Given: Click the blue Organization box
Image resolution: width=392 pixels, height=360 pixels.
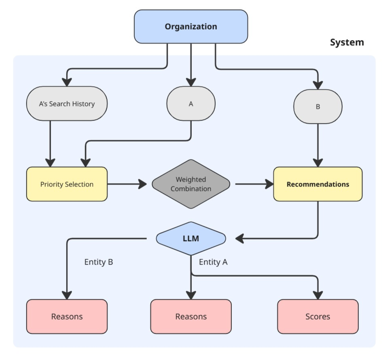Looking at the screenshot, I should (x=191, y=27).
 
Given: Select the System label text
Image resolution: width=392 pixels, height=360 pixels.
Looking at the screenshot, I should (x=347, y=42).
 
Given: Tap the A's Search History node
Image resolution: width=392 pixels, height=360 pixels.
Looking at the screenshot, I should (x=67, y=104).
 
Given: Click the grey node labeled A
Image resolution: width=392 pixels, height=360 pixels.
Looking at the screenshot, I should (x=191, y=104).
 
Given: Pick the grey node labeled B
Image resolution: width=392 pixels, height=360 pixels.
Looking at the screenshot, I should (x=318, y=107).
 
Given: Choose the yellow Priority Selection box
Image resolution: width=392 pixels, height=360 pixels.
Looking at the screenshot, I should (x=67, y=184).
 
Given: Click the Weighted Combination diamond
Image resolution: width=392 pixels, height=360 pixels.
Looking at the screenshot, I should (x=191, y=184).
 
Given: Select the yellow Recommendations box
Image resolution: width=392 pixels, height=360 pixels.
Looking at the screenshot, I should (x=318, y=184).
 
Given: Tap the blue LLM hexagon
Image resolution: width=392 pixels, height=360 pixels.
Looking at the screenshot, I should (x=191, y=238).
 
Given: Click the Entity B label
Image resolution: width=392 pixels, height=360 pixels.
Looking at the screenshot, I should (x=98, y=262).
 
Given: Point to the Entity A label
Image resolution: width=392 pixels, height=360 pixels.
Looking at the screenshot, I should (x=213, y=262).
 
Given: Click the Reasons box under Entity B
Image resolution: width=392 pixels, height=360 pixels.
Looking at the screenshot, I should (x=67, y=316).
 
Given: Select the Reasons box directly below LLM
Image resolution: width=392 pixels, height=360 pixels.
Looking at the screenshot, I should (x=191, y=316).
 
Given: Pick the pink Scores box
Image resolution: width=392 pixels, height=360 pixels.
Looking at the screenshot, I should (x=318, y=316).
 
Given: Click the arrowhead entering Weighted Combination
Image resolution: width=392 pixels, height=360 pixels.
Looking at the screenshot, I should (x=142, y=184).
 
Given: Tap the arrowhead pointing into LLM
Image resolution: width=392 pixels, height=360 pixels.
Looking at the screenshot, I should (x=239, y=239).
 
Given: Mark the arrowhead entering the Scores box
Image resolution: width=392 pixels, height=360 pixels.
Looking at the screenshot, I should (x=318, y=294).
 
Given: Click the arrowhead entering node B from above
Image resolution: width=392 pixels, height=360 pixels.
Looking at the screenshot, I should (x=318, y=85).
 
